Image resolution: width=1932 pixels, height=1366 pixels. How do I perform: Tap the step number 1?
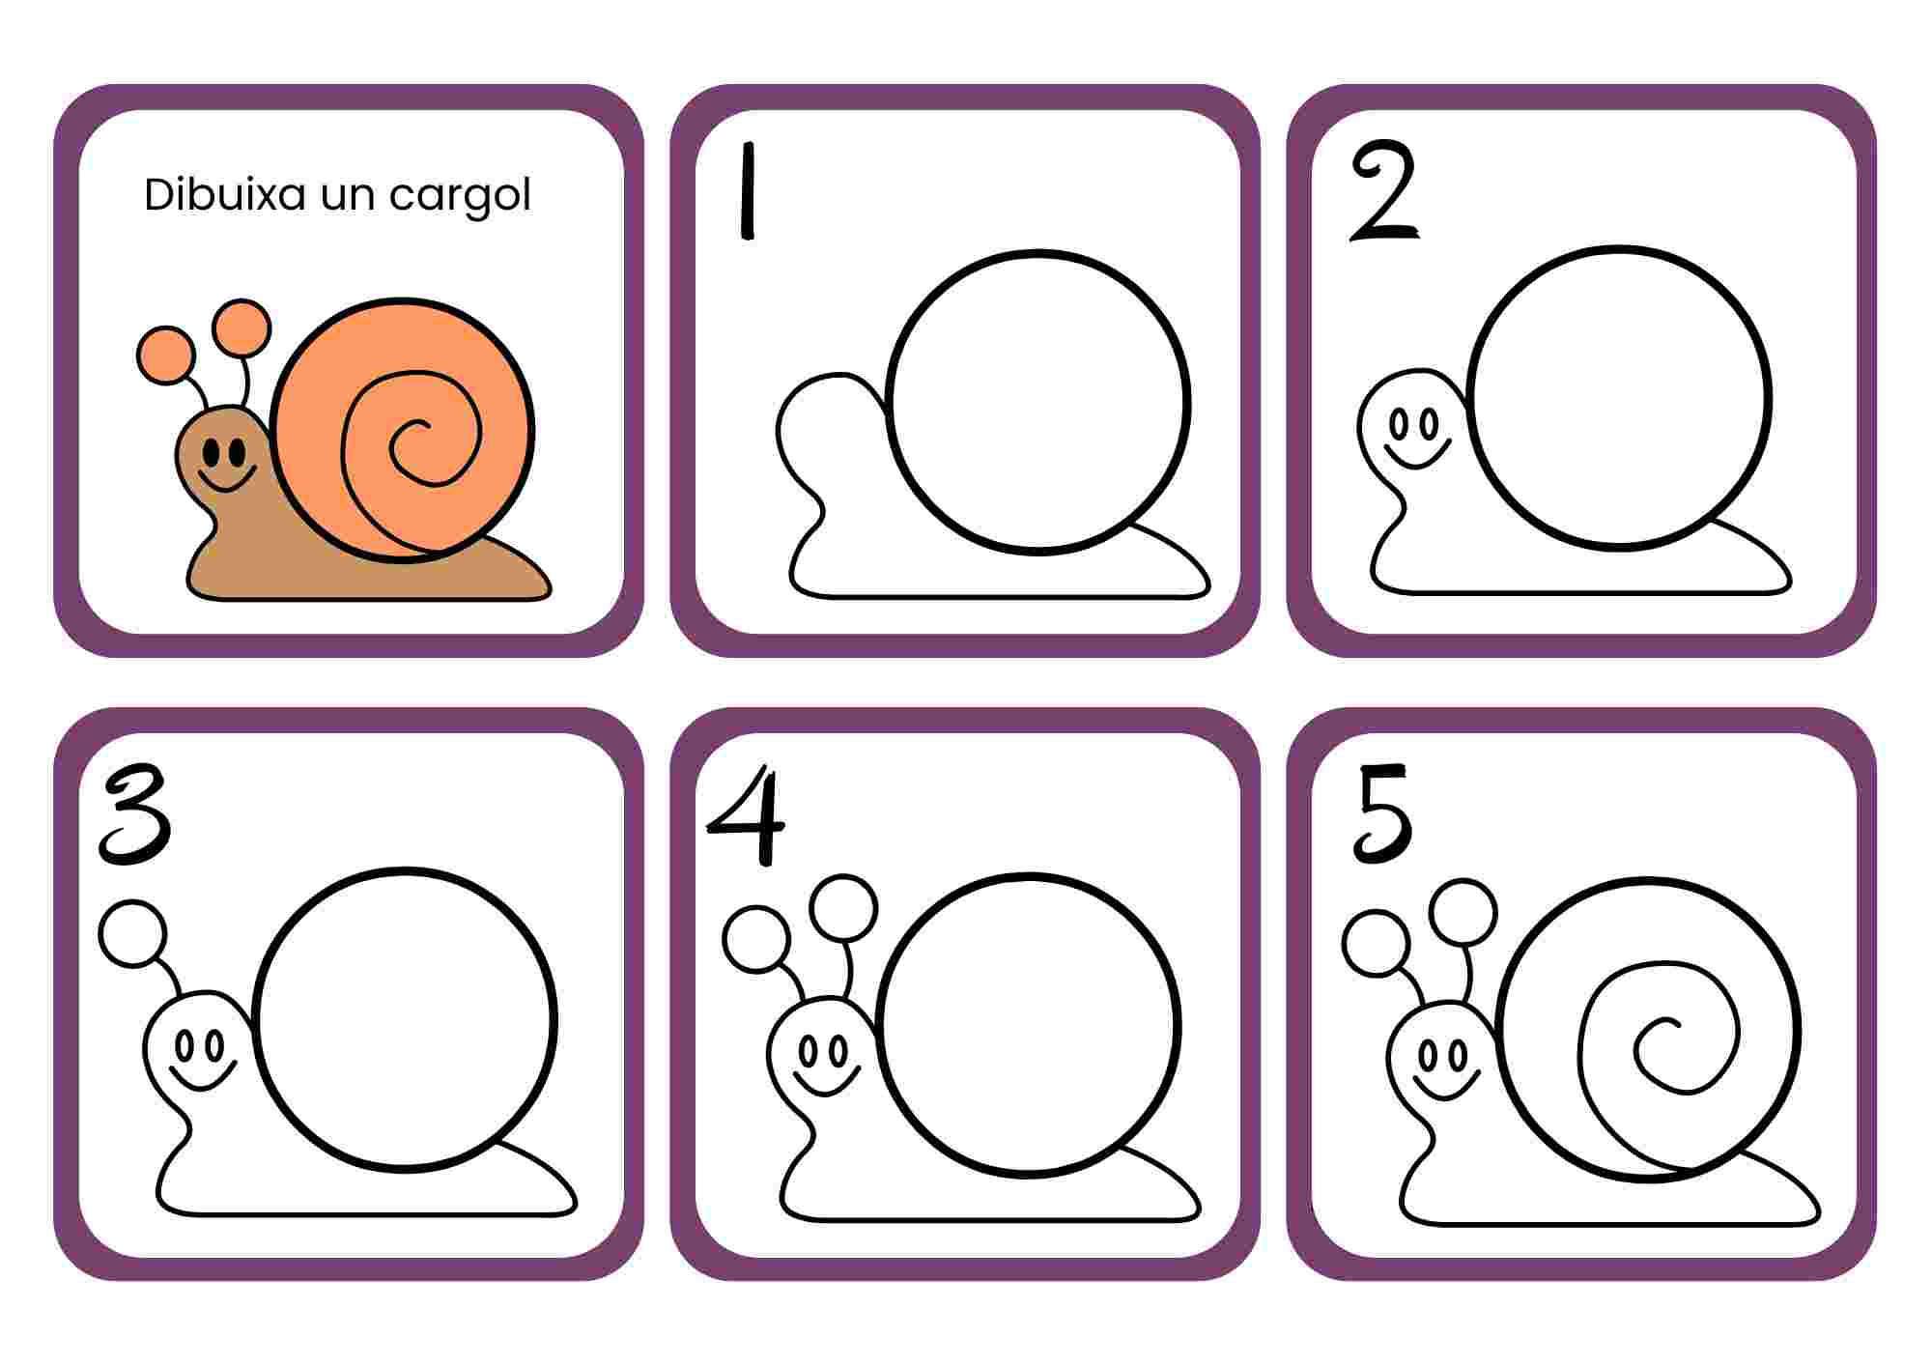pos(747,190)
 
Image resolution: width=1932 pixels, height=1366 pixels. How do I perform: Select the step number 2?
pos(1384,191)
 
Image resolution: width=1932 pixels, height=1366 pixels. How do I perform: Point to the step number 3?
pos(136,813)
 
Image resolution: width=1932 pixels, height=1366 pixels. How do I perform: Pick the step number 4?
pos(747,814)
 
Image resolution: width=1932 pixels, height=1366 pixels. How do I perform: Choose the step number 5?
pos(1382,813)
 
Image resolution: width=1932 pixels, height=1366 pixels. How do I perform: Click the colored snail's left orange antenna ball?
pos(166,355)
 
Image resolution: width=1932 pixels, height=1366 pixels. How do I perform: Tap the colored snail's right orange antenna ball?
pos(241,328)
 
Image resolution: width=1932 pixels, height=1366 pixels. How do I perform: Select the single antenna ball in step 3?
pos(133,934)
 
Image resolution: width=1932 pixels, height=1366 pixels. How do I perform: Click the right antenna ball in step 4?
pos(844,908)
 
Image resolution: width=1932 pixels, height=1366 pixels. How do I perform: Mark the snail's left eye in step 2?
pos(1397,424)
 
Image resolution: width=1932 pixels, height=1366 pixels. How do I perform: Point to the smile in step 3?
pos(202,1076)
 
